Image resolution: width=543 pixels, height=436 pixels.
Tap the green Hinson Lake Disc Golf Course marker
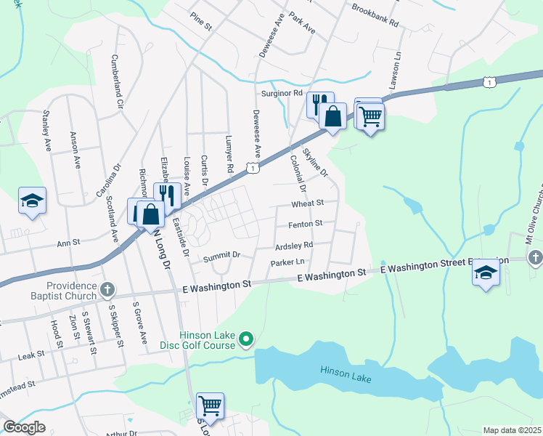pos(246,338)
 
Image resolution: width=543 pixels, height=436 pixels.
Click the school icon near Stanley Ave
pos(32,201)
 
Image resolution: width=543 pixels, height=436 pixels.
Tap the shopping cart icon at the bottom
pos(210,405)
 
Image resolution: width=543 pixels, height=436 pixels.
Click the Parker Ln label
pos(289,262)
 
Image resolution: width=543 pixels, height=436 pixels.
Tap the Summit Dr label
pos(221,256)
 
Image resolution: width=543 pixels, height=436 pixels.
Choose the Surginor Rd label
pos(282,94)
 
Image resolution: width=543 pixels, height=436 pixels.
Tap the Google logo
pos(25,427)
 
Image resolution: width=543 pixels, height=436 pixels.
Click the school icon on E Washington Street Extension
pos(486,272)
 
